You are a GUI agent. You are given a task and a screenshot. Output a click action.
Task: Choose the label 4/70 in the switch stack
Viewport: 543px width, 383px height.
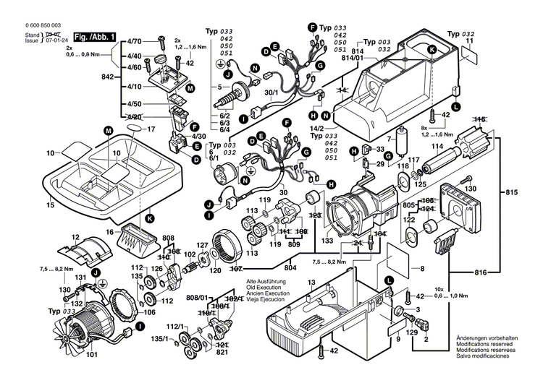pyautogui.click(x=135, y=43)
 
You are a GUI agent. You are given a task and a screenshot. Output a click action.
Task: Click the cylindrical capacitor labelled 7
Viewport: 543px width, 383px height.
pyautogui.click(x=400, y=142)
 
